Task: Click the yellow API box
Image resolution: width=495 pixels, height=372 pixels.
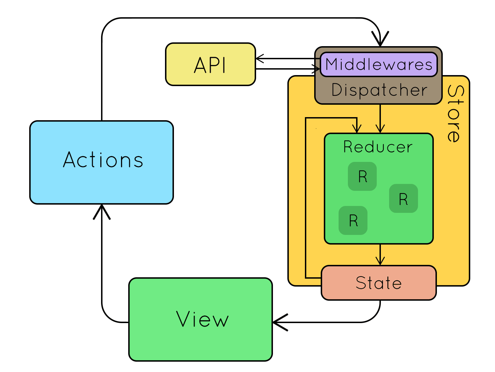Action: (210, 64)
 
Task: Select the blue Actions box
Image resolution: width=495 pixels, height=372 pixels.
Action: (102, 162)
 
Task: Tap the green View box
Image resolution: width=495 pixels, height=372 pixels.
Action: (201, 319)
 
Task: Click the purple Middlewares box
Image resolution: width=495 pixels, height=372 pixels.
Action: (378, 64)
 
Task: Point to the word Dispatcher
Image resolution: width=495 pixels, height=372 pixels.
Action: (379, 90)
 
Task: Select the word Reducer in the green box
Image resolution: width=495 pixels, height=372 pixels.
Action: (378, 147)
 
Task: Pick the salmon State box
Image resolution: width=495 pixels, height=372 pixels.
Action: (378, 283)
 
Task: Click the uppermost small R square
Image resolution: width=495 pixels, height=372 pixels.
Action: (362, 176)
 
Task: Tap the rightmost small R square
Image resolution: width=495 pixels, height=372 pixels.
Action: (403, 199)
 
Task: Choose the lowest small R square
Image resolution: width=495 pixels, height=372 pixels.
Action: (353, 220)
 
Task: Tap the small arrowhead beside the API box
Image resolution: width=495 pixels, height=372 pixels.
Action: (260, 59)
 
